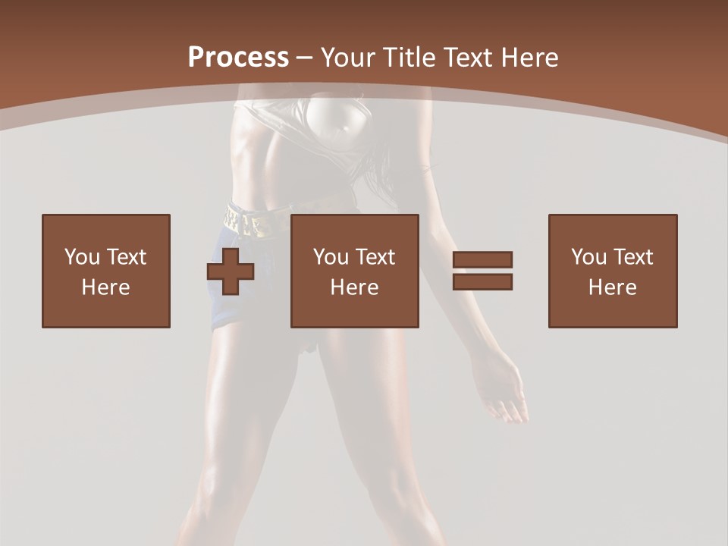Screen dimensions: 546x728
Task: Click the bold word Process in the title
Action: [238, 58]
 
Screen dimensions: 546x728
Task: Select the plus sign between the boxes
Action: [231, 271]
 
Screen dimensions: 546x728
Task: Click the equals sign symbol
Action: [482, 271]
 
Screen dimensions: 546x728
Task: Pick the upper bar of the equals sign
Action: [482, 260]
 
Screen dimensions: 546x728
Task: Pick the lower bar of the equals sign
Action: [482, 281]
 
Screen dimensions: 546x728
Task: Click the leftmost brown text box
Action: [106, 271]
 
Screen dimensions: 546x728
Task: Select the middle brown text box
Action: [354, 271]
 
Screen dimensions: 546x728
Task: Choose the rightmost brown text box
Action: [613, 271]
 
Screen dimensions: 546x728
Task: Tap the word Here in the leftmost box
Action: [106, 287]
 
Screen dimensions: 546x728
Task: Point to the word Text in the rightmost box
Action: [633, 257]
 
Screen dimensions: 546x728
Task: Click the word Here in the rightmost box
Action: [613, 287]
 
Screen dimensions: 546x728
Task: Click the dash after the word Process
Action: [304, 58]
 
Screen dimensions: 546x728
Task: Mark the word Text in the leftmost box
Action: [127, 257]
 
